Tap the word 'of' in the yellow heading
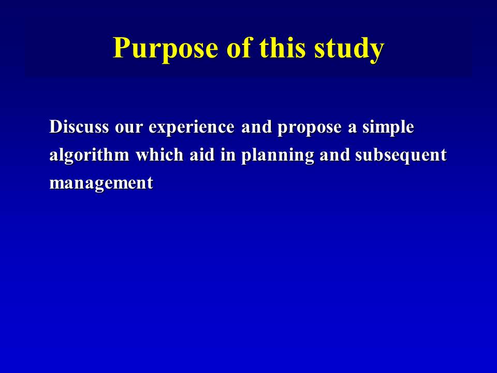(238, 47)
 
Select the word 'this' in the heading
(282, 47)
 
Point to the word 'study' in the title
(349, 49)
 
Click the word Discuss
(79, 126)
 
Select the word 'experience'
(192, 128)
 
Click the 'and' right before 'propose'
(256, 126)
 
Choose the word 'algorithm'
(90, 156)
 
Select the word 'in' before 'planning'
(228, 154)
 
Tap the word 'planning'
(277, 156)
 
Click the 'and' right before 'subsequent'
(335, 154)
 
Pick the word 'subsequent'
(401, 156)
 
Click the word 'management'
(101, 184)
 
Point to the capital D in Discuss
(55, 126)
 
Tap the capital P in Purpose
(121, 48)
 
